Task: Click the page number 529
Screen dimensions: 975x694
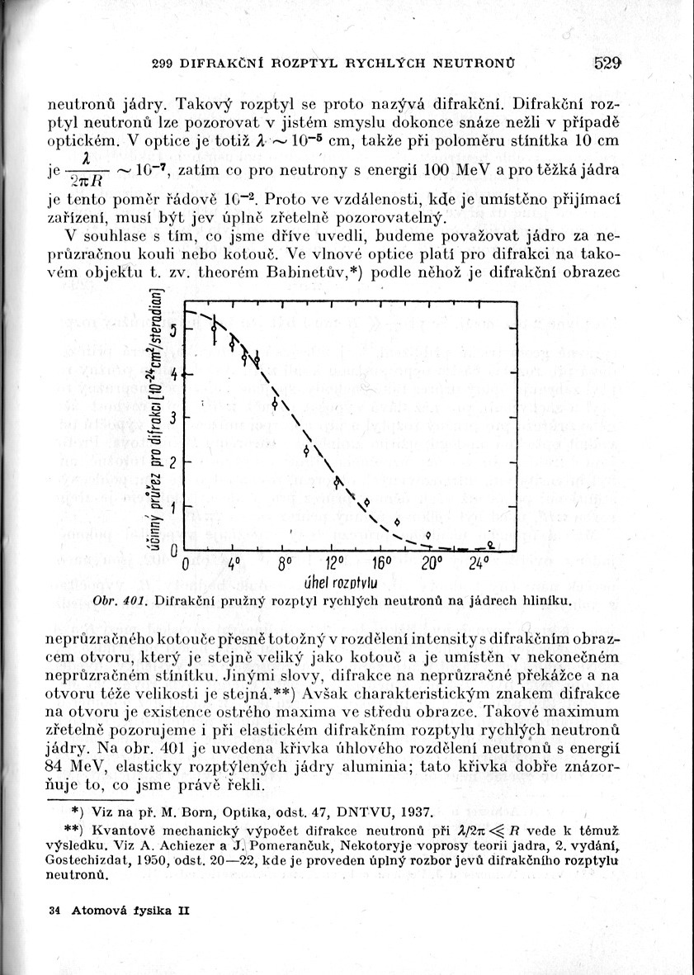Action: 607,62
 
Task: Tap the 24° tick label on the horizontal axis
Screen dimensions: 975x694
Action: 479,566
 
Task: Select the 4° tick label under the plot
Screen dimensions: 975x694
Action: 234,566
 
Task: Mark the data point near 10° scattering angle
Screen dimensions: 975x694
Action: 306,451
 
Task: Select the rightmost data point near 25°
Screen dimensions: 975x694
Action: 490,545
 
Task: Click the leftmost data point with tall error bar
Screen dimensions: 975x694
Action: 215,329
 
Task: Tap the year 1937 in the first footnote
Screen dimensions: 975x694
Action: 409,812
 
